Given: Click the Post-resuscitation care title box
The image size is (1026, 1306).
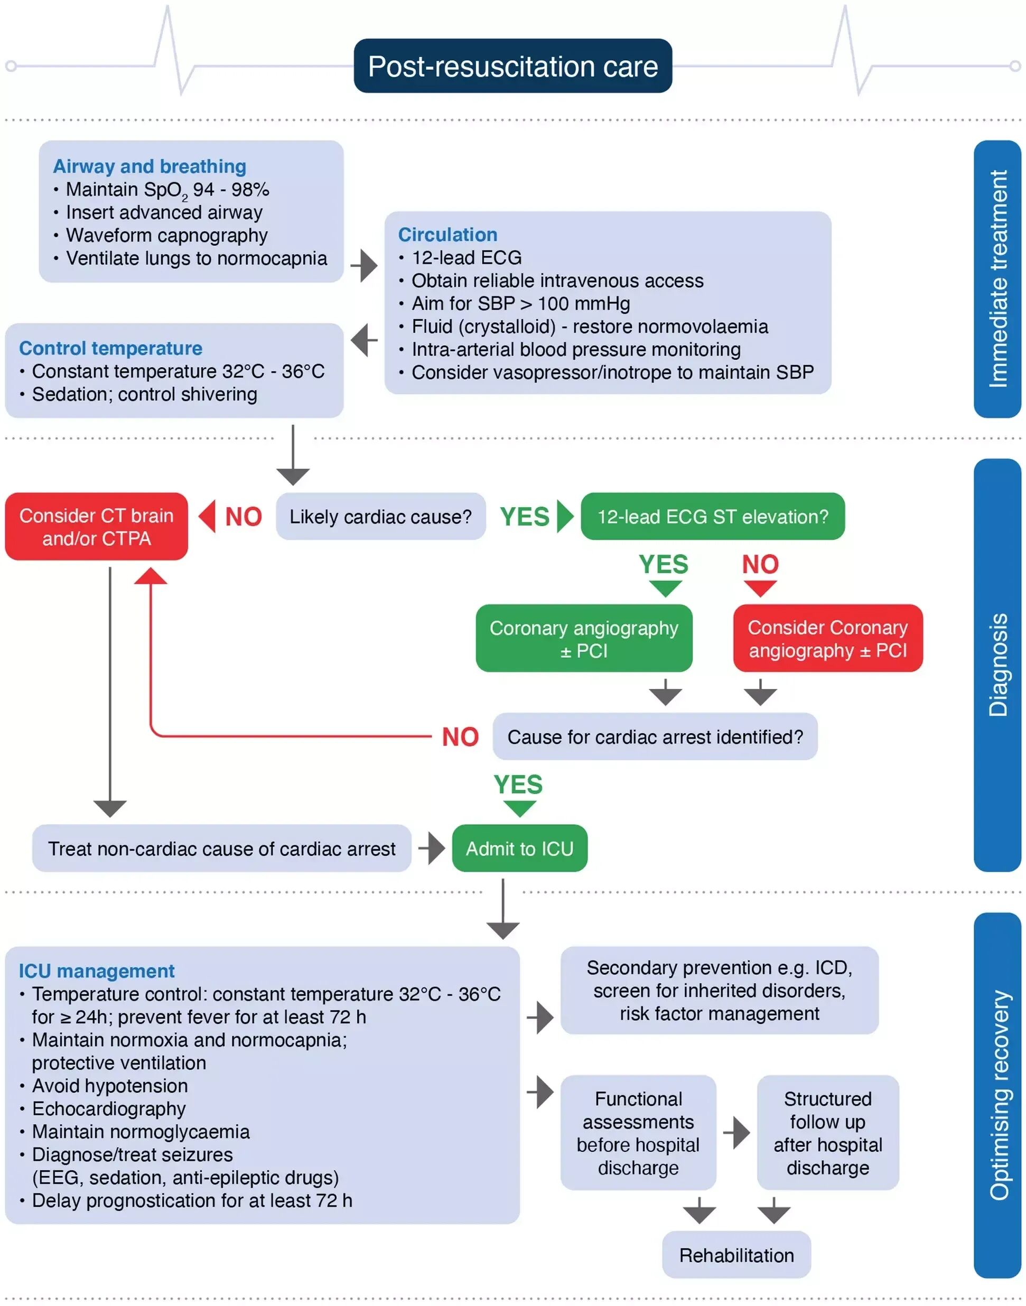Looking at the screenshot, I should [x=512, y=66].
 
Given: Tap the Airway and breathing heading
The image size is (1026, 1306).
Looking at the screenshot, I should [x=150, y=166].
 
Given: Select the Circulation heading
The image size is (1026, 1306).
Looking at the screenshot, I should [x=447, y=234].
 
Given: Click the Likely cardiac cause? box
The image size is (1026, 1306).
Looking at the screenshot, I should [x=380, y=517].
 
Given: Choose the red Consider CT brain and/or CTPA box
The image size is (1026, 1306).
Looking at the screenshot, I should [x=96, y=527].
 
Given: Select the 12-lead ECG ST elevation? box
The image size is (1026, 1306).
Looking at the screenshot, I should [x=712, y=517].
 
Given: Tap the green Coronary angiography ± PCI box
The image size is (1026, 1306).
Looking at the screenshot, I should [x=583, y=639].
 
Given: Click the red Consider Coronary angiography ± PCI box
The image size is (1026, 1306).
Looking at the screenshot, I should [x=827, y=639].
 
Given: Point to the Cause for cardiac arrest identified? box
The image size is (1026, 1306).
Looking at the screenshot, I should [x=655, y=737].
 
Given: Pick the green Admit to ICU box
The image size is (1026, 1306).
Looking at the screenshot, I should [x=520, y=848].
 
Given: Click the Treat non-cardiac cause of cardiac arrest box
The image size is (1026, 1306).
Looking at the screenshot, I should [x=222, y=848].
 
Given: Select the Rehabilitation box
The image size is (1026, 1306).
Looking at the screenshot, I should [x=736, y=1255].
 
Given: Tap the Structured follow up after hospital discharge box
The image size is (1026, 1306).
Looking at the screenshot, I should [x=828, y=1133].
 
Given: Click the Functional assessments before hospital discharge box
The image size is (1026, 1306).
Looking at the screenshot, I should [x=638, y=1133].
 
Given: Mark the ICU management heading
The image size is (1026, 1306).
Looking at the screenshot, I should [x=96, y=971].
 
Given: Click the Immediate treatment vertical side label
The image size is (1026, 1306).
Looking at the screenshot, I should [x=997, y=279].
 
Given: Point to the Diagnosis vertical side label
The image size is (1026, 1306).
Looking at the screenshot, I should [x=997, y=665].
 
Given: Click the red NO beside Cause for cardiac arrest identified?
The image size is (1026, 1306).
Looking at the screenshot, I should [x=460, y=737].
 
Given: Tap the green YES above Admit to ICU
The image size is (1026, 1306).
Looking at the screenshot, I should [x=518, y=785].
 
